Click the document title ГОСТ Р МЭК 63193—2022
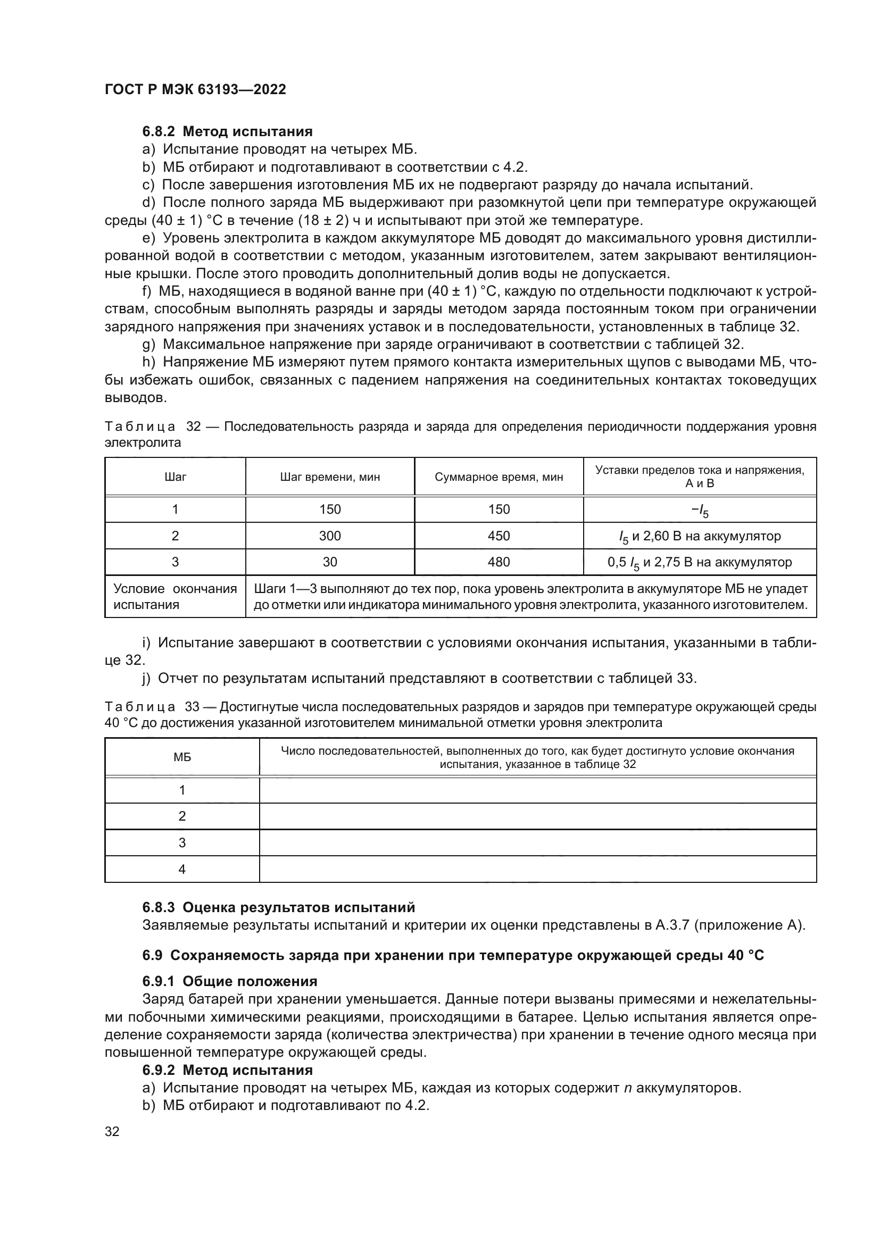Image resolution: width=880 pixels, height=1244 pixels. click(x=195, y=89)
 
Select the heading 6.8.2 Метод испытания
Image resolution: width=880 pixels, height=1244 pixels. click(x=228, y=132)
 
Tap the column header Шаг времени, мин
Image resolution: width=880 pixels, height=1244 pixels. click(x=329, y=477)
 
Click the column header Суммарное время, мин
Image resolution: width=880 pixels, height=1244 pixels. click(x=499, y=477)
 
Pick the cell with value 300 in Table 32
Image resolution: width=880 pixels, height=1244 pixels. click(x=329, y=536)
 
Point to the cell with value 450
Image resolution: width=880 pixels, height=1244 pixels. click(x=499, y=536)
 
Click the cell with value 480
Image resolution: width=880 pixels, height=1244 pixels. click(x=499, y=562)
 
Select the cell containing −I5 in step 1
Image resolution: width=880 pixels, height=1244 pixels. click(x=700, y=510)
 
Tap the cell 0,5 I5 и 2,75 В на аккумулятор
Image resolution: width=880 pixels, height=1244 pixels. click(x=700, y=562)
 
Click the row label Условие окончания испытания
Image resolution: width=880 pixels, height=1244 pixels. click(x=175, y=597)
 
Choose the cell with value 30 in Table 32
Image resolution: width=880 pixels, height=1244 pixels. click(x=329, y=562)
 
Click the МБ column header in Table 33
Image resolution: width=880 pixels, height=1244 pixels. click(x=182, y=757)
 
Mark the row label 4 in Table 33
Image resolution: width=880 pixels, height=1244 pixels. click(x=182, y=869)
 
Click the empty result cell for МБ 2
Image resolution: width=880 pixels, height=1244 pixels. click(x=537, y=816)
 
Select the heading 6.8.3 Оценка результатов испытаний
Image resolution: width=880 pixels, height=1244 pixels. click(x=278, y=907)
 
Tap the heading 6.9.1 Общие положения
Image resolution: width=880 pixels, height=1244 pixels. click(x=230, y=982)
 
